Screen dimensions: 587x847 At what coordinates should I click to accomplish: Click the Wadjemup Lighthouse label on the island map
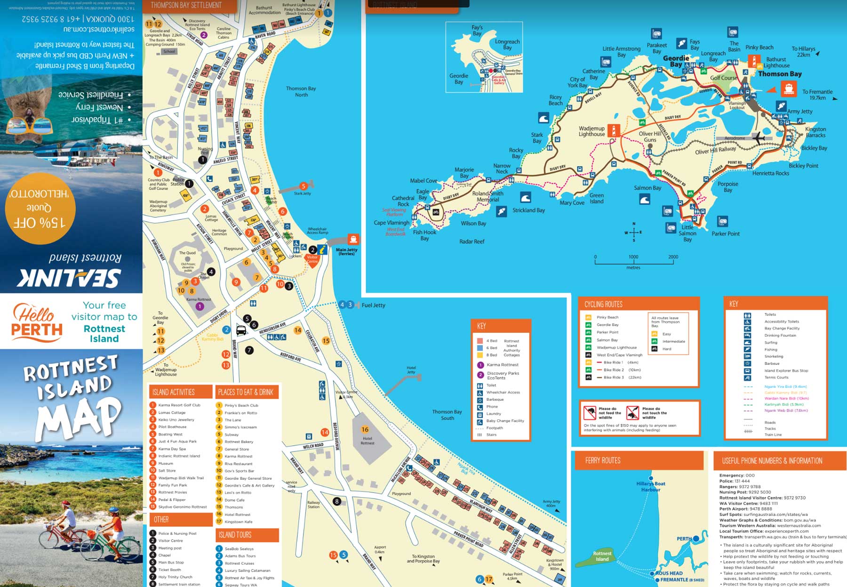pyautogui.click(x=591, y=131)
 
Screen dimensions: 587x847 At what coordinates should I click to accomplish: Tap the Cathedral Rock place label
pyautogui.click(x=403, y=201)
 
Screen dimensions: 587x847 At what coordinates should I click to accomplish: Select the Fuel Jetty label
pyautogui.click(x=373, y=305)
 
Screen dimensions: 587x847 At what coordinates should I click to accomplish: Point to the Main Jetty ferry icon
pyautogui.click(x=353, y=239)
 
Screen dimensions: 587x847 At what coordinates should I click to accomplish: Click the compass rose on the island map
pyautogui.click(x=634, y=232)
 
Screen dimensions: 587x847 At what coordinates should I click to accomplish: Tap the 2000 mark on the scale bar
pyautogui.click(x=673, y=257)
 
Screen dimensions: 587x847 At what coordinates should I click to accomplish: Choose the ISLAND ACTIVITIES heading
pyautogui.click(x=174, y=392)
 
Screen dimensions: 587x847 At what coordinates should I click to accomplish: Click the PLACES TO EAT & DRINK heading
pyautogui.click(x=245, y=392)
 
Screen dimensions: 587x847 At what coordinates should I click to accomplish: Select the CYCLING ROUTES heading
pyautogui.click(x=603, y=304)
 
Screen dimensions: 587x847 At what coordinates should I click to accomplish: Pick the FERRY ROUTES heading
pyautogui.click(x=603, y=460)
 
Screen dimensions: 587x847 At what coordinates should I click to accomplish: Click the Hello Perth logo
pyautogui.click(x=37, y=322)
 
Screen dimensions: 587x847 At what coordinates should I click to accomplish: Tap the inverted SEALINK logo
pyautogui.click(x=70, y=278)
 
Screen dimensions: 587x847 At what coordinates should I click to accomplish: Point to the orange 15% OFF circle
pyautogui.click(x=40, y=209)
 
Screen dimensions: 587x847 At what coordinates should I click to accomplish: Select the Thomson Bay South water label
pyautogui.click(x=447, y=415)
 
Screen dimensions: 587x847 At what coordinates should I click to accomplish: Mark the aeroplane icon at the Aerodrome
pyautogui.click(x=758, y=138)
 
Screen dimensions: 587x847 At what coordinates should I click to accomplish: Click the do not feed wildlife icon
pyautogui.click(x=590, y=413)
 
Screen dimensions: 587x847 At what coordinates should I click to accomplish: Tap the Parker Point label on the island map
pyautogui.click(x=725, y=233)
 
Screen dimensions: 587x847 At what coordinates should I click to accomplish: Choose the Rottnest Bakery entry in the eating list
pyautogui.click(x=239, y=442)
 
